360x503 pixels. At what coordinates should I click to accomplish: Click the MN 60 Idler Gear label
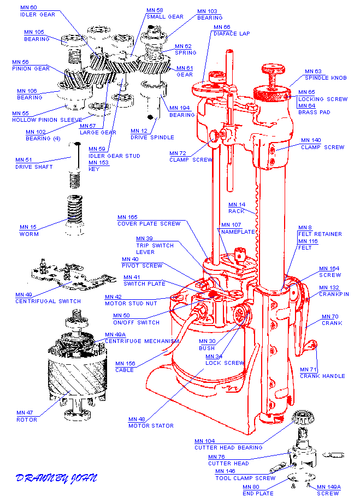[x=38, y=11]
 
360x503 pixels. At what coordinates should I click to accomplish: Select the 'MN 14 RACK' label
[x=237, y=208]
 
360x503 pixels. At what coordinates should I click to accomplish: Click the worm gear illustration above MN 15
[x=75, y=215]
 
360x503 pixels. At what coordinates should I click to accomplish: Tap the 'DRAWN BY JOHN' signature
[x=56, y=478]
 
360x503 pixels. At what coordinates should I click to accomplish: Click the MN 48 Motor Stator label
[x=151, y=423]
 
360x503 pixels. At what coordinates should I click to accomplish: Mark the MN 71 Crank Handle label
[x=322, y=373]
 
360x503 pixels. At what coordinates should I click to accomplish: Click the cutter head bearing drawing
[x=303, y=418]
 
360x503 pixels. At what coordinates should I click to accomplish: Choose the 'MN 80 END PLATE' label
[x=258, y=490]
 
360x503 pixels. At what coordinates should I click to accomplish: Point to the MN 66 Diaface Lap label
[x=231, y=31]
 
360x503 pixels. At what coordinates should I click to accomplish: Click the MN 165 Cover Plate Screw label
[x=149, y=221]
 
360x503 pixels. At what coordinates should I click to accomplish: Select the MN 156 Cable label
[x=125, y=366]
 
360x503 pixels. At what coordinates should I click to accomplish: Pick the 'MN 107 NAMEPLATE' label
[x=238, y=228]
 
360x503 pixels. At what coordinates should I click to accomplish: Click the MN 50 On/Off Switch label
[x=136, y=319]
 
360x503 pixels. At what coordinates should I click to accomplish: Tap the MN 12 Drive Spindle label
[x=152, y=134]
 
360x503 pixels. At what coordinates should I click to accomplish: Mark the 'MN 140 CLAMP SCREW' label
[x=322, y=144]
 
